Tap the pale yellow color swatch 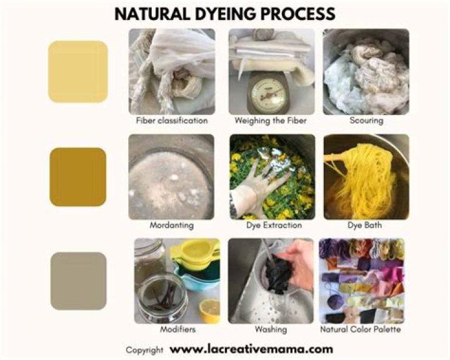(x=78, y=71)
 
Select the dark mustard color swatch (x=78, y=177)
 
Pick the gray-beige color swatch (x=78, y=281)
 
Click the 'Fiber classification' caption (x=172, y=120)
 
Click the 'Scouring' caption (x=366, y=120)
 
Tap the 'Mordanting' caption (x=172, y=225)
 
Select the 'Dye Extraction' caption (x=274, y=225)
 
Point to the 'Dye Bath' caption (x=365, y=225)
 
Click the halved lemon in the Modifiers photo (x=210, y=310)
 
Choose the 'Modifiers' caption (x=178, y=329)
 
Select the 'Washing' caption (x=271, y=329)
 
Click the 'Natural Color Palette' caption (x=361, y=329)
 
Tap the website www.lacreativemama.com (x=251, y=349)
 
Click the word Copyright (x=144, y=350)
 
